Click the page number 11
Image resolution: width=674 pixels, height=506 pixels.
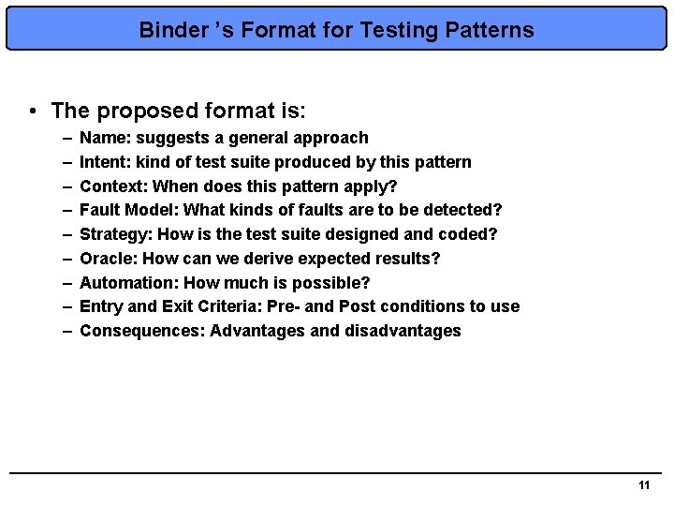tap(643, 485)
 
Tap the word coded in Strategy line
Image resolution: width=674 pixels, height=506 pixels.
tap(467, 234)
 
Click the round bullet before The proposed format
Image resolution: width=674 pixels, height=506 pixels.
tap(33, 111)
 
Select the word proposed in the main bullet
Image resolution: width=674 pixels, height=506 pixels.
tap(139, 111)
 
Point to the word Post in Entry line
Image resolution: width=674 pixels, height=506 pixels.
tap(358, 306)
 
